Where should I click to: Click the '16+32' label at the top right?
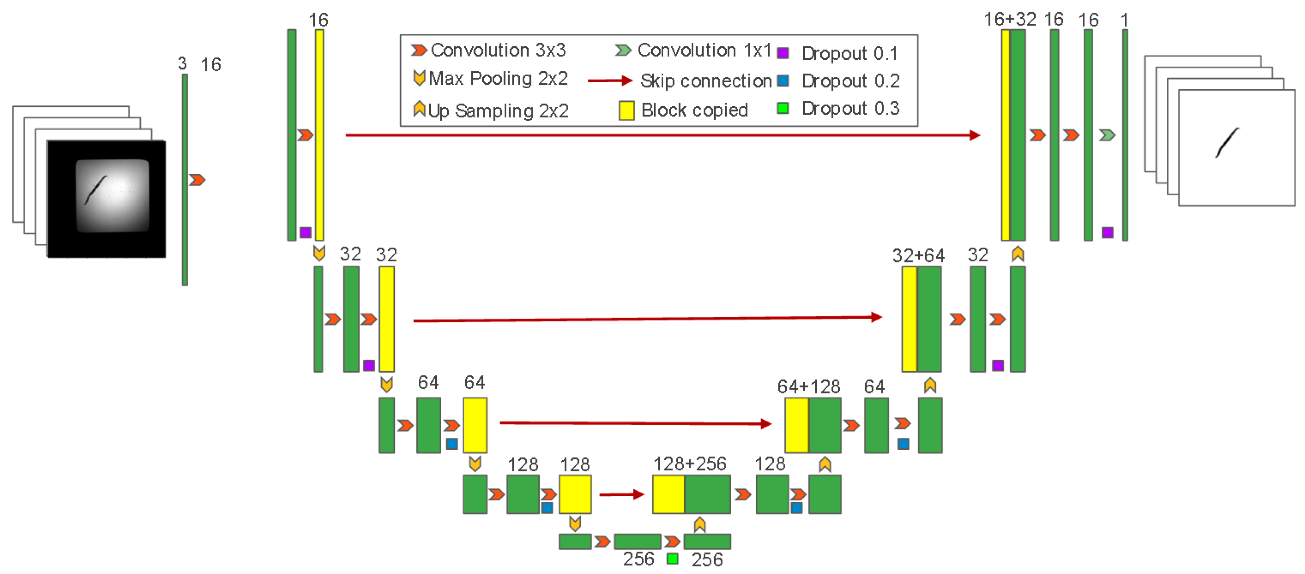[x=1009, y=19]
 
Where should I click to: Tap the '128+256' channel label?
[x=690, y=464]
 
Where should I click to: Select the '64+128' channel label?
[x=809, y=387]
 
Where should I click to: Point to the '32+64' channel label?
[x=918, y=255]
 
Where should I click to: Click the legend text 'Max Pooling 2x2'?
[x=498, y=79]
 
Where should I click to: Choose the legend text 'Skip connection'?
[x=706, y=81]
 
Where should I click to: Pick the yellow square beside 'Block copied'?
[x=626, y=110]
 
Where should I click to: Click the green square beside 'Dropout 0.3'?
[x=783, y=108]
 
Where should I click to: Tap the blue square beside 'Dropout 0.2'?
[x=783, y=81]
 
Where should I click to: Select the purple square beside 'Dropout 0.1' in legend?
[x=783, y=53]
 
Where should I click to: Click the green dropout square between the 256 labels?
[x=672, y=558]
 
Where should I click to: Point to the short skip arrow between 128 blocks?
[x=621, y=494]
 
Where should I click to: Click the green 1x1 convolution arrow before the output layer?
[x=1107, y=135]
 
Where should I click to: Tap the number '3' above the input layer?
[x=182, y=64]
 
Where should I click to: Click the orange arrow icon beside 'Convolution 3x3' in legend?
[x=418, y=50]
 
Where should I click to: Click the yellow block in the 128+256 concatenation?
[x=668, y=494]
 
